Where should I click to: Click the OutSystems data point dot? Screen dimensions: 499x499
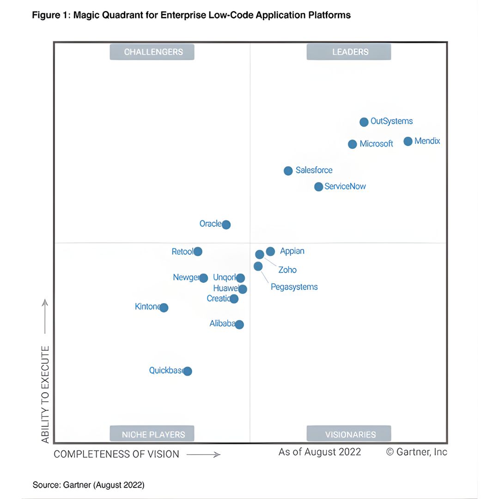tap(364, 122)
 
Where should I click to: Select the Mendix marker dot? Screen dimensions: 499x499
tap(408, 141)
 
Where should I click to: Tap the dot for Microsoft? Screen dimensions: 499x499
tap(353, 144)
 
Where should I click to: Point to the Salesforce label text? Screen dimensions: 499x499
tap(314, 170)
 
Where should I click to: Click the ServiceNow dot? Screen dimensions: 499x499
tap(319, 187)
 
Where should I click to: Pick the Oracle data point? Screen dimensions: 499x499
tap(226, 225)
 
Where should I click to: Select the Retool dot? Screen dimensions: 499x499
tap(198, 251)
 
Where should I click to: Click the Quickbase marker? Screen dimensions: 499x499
tap(187, 371)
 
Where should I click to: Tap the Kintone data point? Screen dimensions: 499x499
tap(164, 307)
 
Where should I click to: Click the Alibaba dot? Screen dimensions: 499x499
tap(239, 324)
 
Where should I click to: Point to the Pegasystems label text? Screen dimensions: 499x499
tap(294, 287)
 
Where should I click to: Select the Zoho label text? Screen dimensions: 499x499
tap(287, 270)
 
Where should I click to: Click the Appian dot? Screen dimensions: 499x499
tap(271, 251)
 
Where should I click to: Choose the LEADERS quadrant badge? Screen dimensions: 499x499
tap(349, 52)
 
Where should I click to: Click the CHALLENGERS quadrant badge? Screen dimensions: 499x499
tap(152, 52)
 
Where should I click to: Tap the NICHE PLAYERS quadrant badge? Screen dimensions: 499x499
tap(152, 434)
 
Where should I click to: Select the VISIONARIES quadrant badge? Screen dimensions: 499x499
tap(349, 434)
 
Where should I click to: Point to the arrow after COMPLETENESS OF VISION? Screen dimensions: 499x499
tap(203, 455)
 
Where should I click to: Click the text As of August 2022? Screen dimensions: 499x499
tap(320, 452)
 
